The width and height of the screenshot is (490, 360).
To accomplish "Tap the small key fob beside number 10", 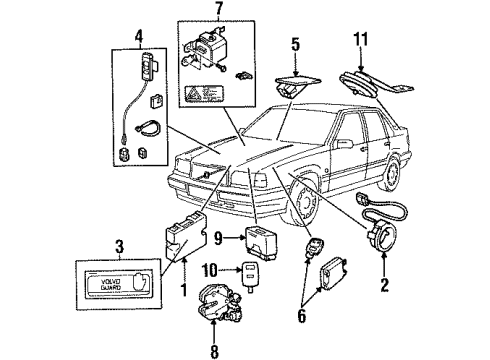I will [250, 272].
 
